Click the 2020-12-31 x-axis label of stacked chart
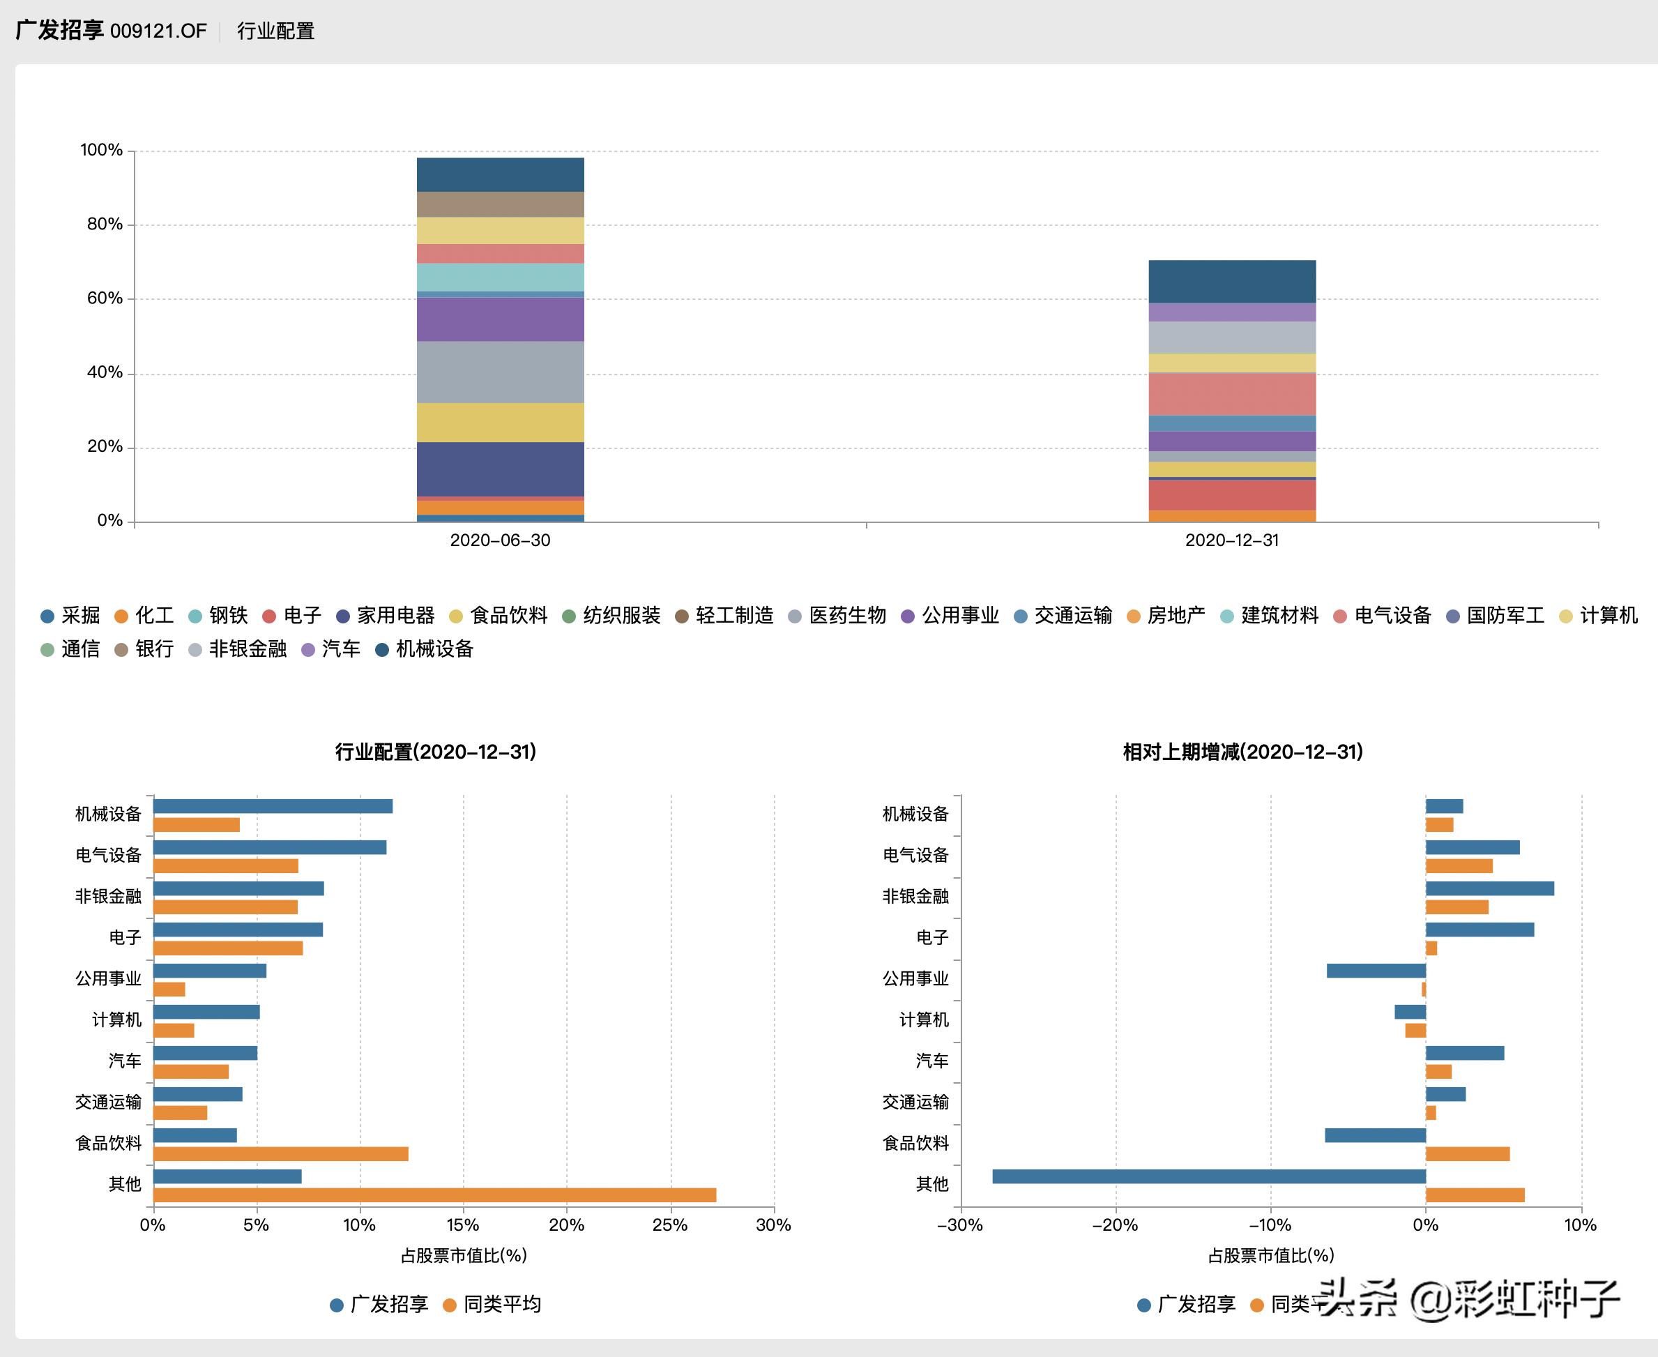coord(1231,540)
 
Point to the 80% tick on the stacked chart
coord(105,225)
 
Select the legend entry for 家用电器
coord(386,615)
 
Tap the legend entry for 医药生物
coord(838,615)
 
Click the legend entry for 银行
coord(144,649)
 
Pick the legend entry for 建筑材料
coord(1270,615)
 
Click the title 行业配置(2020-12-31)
coord(435,752)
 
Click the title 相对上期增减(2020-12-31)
coord(1243,752)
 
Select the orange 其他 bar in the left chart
coord(434,1195)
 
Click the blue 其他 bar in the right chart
coord(1208,1176)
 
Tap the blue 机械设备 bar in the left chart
coord(273,807)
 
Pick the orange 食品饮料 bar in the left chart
coord(280,1154)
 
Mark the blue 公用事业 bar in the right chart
coord(1376,971)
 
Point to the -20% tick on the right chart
coord(1115,1225)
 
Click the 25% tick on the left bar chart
coord(670,1225)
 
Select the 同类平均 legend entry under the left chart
coord(492,1304)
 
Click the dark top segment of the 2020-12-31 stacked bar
coord(1231,282)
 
